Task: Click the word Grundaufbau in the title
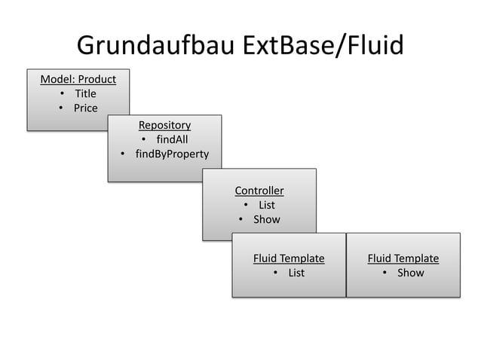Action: click(157, 46)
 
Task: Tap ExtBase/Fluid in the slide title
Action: click(323, 46)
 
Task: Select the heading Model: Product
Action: click(78, 79)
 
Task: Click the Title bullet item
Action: click(85, 93)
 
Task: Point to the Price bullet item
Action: click(85, 108)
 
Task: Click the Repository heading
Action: click(164, 125)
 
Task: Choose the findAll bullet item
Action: click(172, 139)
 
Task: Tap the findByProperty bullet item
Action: click(172, 154)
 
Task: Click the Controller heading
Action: click(259, 191)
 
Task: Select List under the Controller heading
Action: click(267, 205)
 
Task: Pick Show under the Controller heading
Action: click(266, 220)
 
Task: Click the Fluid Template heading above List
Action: click(289, 258)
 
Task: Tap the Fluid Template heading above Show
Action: click(403, 258)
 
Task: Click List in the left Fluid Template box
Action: click(296, 273)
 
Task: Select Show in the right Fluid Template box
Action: click(411, 273)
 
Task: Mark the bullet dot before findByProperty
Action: click(122, 155)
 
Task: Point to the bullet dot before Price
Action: click(60, 108)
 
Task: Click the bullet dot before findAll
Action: click(143, 140)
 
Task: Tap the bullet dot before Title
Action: click(61, 94)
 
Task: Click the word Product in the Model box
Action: click(97, 79)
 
